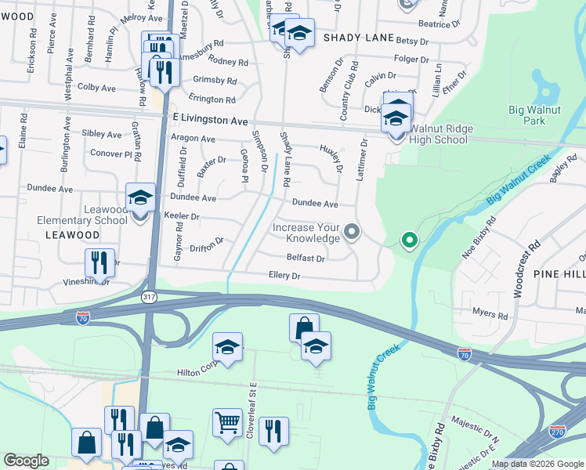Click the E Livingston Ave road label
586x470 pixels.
pos(209,121)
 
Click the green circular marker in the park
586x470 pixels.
pos(408,240)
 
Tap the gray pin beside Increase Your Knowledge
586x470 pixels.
pos(352,231)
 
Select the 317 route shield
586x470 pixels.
pos(149,297)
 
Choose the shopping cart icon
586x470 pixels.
pos(227,423)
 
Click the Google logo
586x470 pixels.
pos(26,461)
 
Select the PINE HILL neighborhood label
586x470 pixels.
pos(559,274)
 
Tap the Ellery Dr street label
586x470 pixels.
pos(284,276)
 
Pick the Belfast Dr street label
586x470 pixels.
pos(305,257)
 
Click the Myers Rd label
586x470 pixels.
pos(490,313)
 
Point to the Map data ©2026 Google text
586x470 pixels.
pos(537,464)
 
